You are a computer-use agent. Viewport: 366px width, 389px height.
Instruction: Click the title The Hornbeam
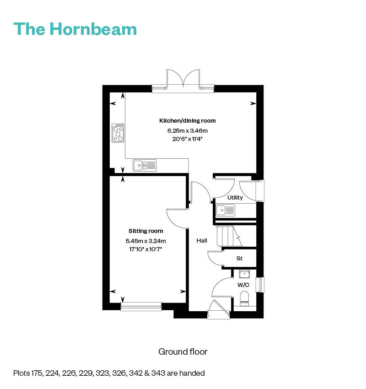[75, 28]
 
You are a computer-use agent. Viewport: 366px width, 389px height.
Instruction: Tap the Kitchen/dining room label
[187, 121]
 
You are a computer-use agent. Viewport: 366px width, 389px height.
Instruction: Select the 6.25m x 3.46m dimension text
[187, 130]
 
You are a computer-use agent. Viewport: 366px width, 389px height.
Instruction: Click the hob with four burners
[118, 133]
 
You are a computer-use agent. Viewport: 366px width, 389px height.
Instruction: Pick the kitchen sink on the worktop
[145, 165]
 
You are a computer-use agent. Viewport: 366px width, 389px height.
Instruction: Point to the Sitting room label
[145, 231]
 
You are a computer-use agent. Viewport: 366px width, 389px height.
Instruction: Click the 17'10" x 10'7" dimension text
[145, 249]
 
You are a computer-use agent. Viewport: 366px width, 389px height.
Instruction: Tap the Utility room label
[235, 198]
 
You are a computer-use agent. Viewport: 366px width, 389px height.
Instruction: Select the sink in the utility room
[226, 211]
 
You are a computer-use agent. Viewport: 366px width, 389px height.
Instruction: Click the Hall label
[202, 240]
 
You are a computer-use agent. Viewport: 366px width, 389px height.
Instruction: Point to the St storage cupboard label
[239, 259]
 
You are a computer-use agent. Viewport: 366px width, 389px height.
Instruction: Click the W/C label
[242, 285]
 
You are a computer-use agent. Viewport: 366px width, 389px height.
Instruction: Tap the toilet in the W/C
[244, 298]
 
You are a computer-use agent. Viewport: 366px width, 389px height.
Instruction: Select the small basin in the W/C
[244, 274]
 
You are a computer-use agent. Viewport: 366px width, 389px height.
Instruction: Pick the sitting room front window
[141, 307]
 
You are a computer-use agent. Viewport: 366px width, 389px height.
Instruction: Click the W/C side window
[261, 285]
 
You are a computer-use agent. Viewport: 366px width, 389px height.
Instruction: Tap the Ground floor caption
[183, 351]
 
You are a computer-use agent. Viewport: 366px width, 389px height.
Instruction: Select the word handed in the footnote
[194, 373]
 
